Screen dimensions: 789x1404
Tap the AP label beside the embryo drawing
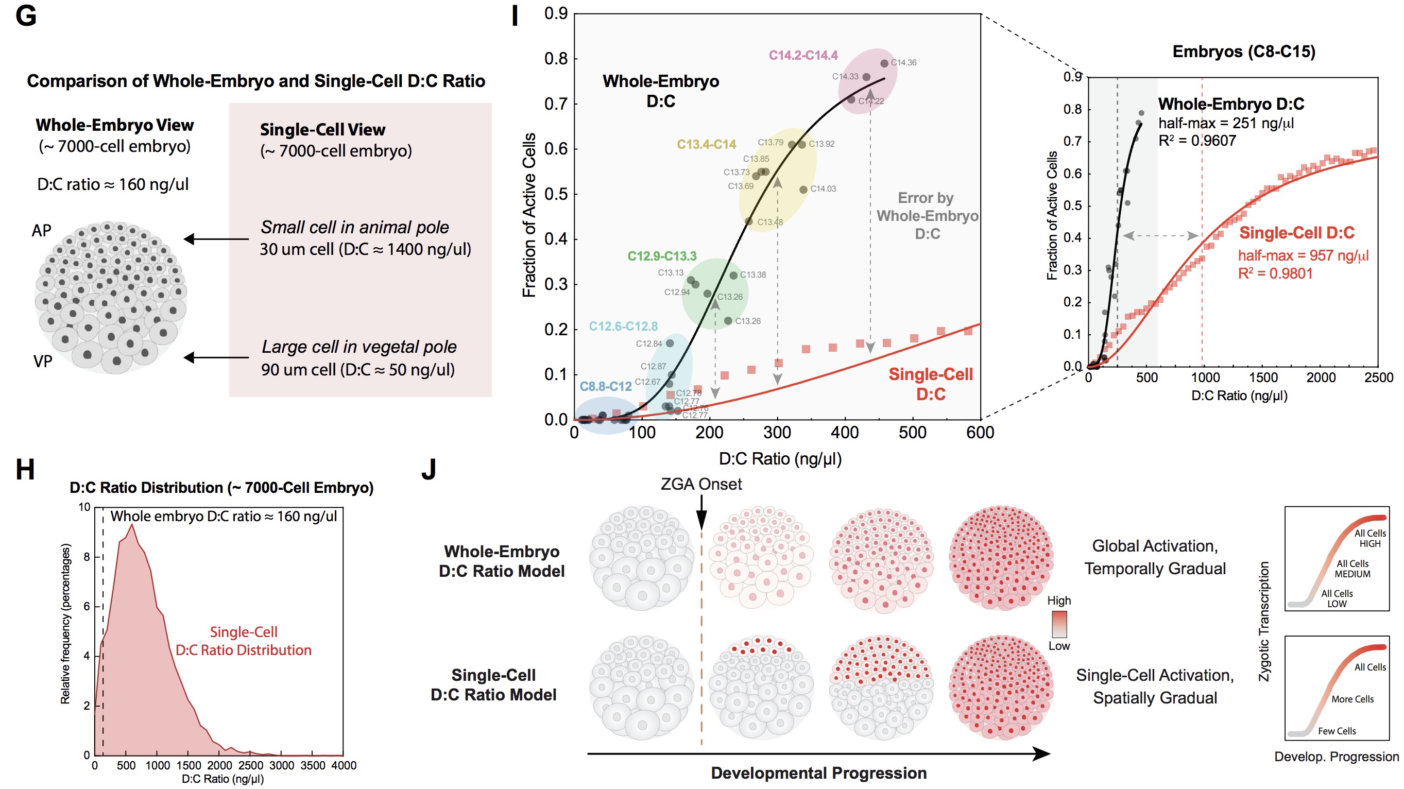pos(41,231)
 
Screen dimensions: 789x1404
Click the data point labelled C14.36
pos(884,63)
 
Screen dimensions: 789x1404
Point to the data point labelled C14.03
pos(803,190)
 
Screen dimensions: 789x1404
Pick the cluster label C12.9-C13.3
pos(662,256)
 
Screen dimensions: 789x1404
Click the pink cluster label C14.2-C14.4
pos(803,55)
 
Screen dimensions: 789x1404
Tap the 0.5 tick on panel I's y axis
pos(556,194)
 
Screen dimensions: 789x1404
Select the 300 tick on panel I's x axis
pos(777,433)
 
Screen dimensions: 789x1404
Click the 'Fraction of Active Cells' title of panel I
pos(528,215)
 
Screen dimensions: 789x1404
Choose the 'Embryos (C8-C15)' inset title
pos(1244,52)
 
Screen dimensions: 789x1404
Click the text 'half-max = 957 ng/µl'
pos(1303,255)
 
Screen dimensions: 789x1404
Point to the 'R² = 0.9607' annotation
pos(1197,141)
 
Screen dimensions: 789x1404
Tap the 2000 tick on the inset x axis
pos(1321,378)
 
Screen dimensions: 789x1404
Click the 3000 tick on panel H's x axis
pos(281,766)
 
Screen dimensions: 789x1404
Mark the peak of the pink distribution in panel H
pos(131,525)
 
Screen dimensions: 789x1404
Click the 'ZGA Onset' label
pos(701,484)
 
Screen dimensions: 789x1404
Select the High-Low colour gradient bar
pos(1059,623)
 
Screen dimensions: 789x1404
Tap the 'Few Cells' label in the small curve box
pos(1337,731)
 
